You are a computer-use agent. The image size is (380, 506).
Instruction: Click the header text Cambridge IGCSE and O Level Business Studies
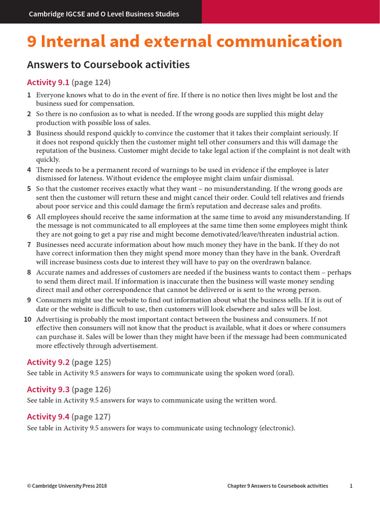click(x=104, y=14)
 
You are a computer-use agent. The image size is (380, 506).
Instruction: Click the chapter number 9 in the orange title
click(x=32, y=42)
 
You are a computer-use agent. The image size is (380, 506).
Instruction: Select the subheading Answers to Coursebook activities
click(x=108, y=65)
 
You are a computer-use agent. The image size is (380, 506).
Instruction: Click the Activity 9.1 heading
click(x=48, y=82)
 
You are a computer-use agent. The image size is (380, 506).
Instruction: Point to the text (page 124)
click(x=91, y=82)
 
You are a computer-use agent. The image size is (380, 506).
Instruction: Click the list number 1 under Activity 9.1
click(x=29, y=95)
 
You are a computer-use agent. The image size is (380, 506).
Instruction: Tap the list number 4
click(x=29, y=170)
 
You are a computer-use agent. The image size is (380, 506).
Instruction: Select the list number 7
click(x=29, y=245)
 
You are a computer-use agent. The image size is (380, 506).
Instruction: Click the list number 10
click(x=28, y=319)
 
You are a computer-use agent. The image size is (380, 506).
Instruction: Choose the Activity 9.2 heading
click(x=48, y=362)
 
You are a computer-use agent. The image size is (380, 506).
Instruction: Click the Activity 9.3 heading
click(x=48, y=389)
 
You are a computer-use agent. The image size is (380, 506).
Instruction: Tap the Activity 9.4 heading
click(x=48, y=417)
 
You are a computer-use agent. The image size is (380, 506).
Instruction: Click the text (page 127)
click(x=91, y=417)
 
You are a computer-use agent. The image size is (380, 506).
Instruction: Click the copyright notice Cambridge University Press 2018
click(x=67, y=486)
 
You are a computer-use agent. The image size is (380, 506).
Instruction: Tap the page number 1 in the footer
click(x=351, y=486)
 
